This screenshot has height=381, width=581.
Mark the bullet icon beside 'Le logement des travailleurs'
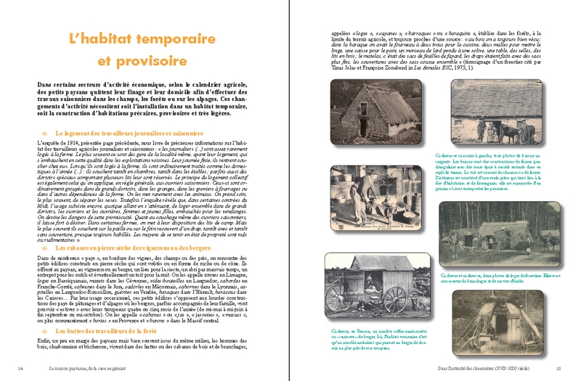tap(47, 133)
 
